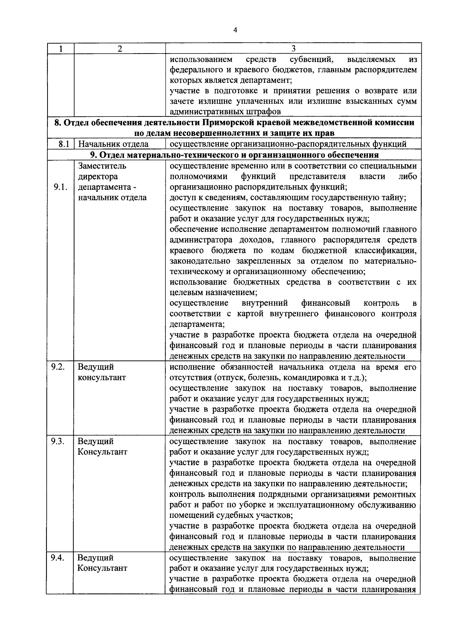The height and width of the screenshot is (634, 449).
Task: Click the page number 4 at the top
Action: click(235, 31)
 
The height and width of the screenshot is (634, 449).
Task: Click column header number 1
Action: click(60, 49)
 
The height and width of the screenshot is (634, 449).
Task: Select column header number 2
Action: click(119, 49)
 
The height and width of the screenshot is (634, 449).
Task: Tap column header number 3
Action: click(293, 49)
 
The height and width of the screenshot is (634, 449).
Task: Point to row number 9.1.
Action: click(60, 187)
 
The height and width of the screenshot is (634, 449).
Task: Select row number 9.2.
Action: click(58, 367)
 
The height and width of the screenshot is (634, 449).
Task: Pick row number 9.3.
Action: click(58, 441)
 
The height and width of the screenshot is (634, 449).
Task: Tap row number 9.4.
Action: click(58, 558)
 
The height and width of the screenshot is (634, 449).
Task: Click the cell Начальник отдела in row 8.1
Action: click(113, 144)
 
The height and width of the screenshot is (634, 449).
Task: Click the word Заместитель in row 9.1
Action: click(102, 166)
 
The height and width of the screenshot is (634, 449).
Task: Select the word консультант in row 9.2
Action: click(102, 377)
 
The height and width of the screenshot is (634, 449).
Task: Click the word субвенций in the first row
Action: click(312, 59)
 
